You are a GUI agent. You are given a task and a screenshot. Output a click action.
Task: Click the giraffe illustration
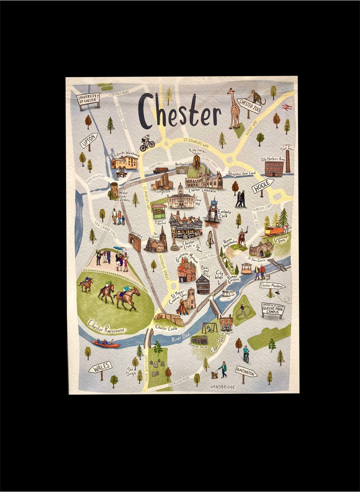point(233,108)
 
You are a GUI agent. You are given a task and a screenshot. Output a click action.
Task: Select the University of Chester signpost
point(88,100)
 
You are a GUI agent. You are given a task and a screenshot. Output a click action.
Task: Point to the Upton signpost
point(89,140)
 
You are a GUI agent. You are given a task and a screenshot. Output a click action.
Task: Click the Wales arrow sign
point(100,368)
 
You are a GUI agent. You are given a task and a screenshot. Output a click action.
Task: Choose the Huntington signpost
point(246,371)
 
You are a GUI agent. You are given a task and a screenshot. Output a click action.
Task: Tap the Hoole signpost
point(262,185)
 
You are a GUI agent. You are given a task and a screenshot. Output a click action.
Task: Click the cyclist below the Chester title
point(147,143)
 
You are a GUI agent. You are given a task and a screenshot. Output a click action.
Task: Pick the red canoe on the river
point(105,343)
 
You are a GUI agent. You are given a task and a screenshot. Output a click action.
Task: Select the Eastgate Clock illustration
point(213,209)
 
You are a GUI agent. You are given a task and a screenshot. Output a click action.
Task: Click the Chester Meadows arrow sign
point(272,285)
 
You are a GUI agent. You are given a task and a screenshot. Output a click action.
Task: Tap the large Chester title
point(179,111)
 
